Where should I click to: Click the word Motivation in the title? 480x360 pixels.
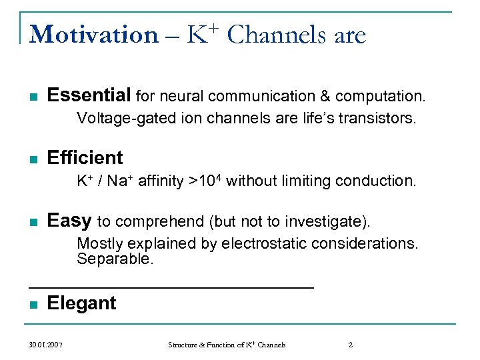click(93, 34)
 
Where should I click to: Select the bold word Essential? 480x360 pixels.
click(89, 96)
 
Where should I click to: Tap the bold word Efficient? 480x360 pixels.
click(85, 158)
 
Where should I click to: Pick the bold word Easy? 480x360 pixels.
click(69, 221)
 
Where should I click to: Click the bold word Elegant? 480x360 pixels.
click(81, 303)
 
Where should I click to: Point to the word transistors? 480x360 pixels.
click(377, 119)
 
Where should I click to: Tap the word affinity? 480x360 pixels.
click(163, 181)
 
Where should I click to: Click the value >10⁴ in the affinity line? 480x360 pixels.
click(207, 181)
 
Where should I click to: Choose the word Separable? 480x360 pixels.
click(115, 259)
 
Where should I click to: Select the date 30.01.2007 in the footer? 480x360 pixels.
click(46, 345)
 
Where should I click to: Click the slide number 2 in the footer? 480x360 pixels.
click(351, 345)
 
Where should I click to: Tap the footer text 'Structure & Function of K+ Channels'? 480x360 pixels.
click(227, 345)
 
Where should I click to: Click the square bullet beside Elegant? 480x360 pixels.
click(33, 305)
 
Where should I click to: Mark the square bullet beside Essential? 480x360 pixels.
click(33, 97)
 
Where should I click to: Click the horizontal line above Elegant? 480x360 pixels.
click(171, 287)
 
